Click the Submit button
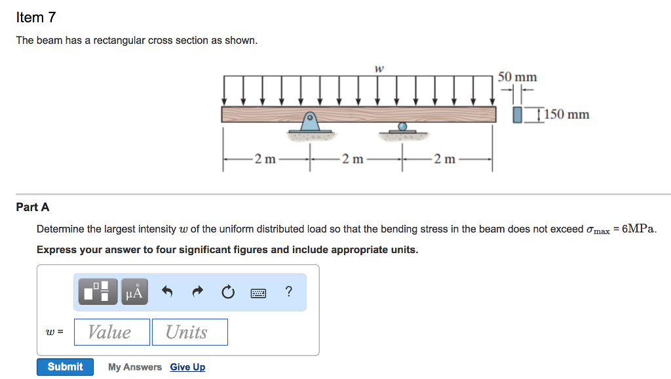point(65,367)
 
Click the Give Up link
point(187,367)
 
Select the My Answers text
point(135,367)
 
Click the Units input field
point(189,332)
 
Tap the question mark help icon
point(289,292)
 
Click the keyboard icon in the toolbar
point(259,293)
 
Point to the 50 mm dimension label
point(518,77)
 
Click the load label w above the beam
point(379,68)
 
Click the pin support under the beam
point(310,123)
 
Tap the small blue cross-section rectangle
point(518,115)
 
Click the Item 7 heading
point(36,18)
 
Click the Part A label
point(33,207)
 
